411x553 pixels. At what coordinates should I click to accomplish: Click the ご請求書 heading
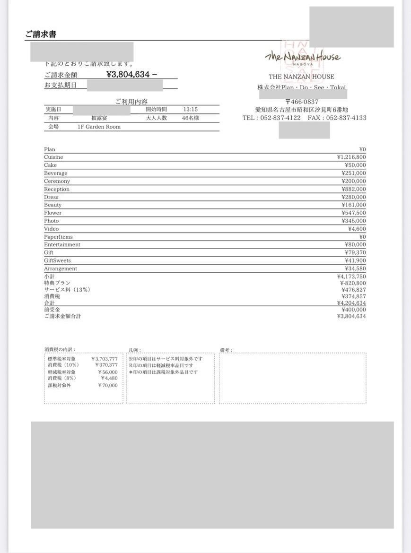[41, 35]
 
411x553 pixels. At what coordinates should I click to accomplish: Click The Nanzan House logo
[302, 57]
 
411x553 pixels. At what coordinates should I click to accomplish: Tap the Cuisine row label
[53, 157]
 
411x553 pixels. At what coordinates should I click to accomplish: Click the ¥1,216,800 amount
[351, 157]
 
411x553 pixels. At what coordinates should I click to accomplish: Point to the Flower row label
[53, 213]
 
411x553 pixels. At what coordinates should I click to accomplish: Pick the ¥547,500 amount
[353, 213]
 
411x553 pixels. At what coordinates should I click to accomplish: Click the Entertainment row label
[62, 244]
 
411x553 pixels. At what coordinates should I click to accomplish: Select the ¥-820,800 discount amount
[352, 283]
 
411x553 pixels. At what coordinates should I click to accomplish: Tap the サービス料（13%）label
[67, 290]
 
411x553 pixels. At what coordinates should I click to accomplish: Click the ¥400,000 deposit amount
[353, 310]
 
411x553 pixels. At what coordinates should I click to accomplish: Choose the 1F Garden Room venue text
[99, 127]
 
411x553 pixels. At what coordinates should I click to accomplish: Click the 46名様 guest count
[190, 118]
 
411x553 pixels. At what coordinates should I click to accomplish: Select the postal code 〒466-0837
[301, 102]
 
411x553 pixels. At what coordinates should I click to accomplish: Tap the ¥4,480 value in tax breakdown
[109, 378]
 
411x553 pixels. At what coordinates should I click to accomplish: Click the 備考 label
[226, 350]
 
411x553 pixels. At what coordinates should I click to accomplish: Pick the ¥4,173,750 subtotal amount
[351, 276]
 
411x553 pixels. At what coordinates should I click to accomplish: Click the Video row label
[52, 229]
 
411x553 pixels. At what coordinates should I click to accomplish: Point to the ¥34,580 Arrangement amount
[355, 268]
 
